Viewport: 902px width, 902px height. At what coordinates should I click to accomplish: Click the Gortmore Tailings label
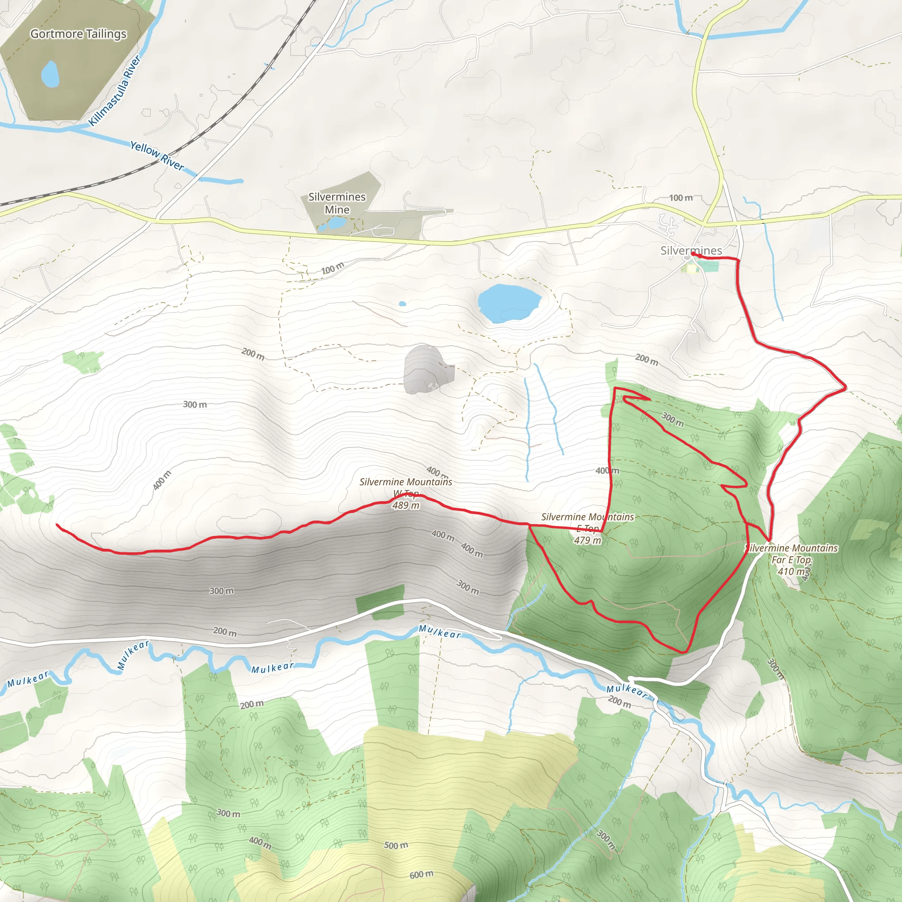[x=78, y=34]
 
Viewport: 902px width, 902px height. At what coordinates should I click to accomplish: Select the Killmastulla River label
[x=115, y=91]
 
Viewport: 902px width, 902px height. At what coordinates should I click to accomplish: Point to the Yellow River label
[x=157, y=155]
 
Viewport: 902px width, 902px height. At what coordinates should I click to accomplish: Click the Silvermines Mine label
[x=337, y=203]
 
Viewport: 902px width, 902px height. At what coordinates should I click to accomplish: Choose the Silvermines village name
[x=691, y=251]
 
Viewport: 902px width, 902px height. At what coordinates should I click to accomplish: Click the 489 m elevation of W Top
[x=406, y=505]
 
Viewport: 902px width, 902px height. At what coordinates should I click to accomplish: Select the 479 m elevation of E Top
[x=588, y=540]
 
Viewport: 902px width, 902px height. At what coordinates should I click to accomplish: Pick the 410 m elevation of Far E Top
[x=792, y=571]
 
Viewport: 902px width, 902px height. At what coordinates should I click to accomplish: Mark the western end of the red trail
[x=57, y=525]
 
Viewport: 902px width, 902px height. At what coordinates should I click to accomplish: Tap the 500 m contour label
[x=396, y=845]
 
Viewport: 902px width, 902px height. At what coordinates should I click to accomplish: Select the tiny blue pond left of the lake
[x=403, y=303]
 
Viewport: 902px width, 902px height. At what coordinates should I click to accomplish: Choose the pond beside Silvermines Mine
[x=335, y=223]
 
